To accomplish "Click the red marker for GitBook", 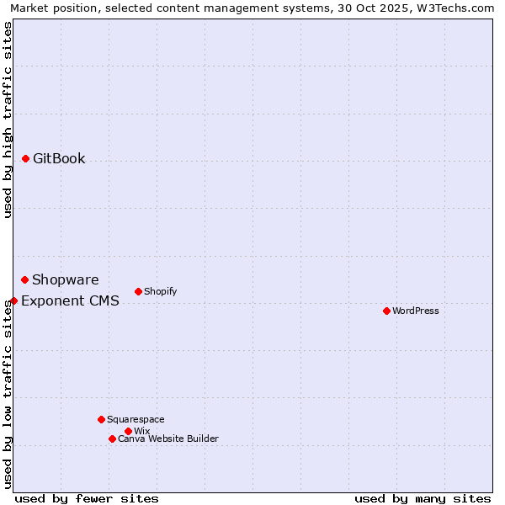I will (x=25, y=158).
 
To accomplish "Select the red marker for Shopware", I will (x=24, y=279).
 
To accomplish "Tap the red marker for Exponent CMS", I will (x=13, y=300).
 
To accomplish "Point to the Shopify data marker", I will (x=138, y=291).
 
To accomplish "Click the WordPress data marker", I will (x=386, y=311).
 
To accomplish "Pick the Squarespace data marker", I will (x=101, y=419).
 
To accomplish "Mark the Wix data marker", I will (x=128, y=431).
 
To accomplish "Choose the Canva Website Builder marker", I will (x=112, y=439).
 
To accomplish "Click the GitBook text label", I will (x=59, y=159).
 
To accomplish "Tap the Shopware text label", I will (x=66, y=280).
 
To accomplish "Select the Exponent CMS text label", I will (x=70, y=301).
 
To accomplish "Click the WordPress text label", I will (x=416, y=311).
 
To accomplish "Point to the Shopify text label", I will (x=161, y=292).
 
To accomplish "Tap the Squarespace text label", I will (x=136, y=420).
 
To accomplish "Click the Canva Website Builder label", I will (x=168, y=439).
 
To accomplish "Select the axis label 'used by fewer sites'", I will (x=87, y=499).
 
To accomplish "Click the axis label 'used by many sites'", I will (x=423, y=499).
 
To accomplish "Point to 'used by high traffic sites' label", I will (x=8, y=120).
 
